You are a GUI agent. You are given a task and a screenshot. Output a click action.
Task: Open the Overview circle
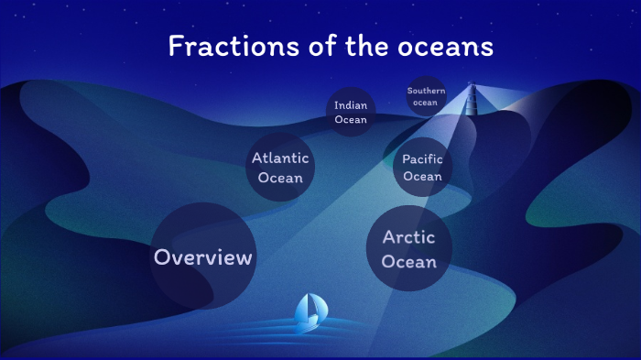click(x=203, y=257)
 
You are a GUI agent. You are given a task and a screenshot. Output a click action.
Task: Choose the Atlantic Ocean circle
click(x=280, y=168)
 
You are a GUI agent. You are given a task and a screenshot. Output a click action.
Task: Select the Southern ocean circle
click(x=427, y=96)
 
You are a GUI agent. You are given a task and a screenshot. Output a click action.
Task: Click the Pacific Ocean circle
click(x=422, y=168)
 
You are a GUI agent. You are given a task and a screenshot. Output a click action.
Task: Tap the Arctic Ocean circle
click(x=408, y=249)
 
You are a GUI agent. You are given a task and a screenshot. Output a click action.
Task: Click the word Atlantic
click(x=280, y=158)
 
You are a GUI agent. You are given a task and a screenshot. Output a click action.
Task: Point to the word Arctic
click(x=408, y=237)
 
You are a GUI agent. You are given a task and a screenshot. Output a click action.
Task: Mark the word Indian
click(x=351, y=105)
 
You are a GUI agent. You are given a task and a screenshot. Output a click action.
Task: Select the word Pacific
click(x=422, y=159)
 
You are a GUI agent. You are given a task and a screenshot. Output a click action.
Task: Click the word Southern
click(x=427, y=91)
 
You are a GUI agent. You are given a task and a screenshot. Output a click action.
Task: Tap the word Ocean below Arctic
click(x=408, y=262)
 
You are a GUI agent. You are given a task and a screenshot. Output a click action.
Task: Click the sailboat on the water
click(x=309, y=312)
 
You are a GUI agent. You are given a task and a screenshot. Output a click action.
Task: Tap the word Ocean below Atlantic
click(x=280, y=177)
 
